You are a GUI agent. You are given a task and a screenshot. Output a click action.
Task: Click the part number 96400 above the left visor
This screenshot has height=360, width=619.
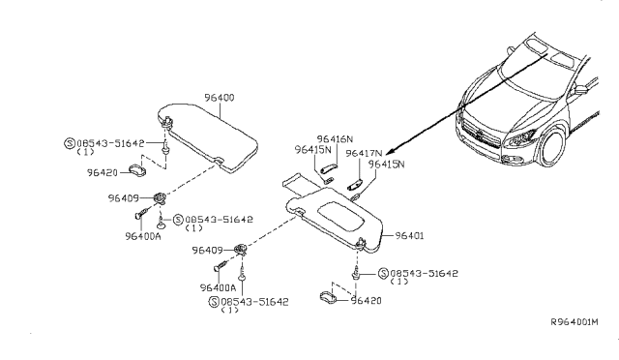coord(220,98)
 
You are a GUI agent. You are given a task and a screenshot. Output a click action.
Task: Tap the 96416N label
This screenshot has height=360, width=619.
coord(336,139)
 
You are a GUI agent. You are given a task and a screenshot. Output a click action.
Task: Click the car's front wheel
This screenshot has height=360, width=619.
coord(553,155)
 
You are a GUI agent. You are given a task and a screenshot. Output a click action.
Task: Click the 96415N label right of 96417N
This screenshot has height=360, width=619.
coord(386,165)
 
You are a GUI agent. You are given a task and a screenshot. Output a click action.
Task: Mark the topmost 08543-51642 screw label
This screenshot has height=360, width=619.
coord(111,142)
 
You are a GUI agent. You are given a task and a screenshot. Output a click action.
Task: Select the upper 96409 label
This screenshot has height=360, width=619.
coord(125,197)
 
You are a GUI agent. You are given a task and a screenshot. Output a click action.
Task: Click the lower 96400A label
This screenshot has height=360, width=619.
coord(219,287)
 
